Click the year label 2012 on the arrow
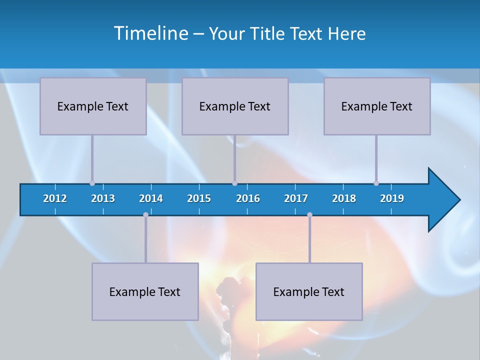point(55,198)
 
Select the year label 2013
point(103,198)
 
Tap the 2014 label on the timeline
point(151,198)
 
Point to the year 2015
point(199,198)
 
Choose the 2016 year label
point(248,198)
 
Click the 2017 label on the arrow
point(296,198)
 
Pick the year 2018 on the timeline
point(344,198)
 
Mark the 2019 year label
point(392,198)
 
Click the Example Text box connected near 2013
point(93,106)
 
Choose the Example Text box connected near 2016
point(235,106)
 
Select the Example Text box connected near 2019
point(377,106)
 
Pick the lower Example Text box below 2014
point(145,291)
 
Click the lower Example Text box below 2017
point(309,291)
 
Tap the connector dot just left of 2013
point(92,183)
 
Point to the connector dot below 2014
point(145,215)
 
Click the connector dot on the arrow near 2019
point(376,183)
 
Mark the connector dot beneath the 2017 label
point(309,215)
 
